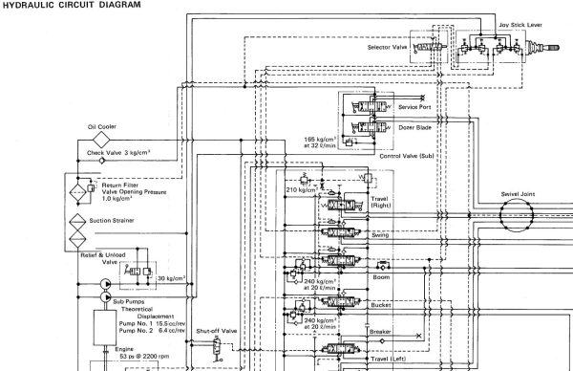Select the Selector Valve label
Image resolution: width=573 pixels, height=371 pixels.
(388, 45)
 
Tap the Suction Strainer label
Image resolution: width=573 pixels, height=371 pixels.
(117, 220)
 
